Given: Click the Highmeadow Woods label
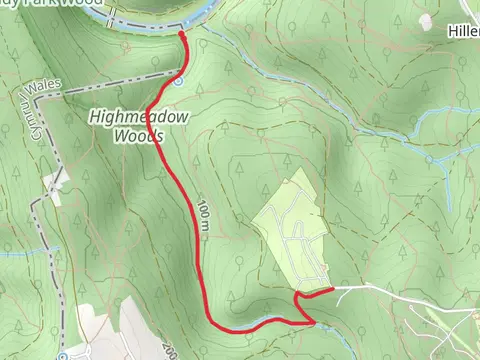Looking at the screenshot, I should coord(140,125).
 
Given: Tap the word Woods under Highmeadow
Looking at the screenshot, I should coord(139,135).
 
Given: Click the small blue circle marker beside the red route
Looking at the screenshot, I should coord(177,82).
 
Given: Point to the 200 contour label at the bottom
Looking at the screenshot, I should coord(166,346).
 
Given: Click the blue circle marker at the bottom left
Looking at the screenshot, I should coord(62,355).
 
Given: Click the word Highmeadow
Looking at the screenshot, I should coord(140,115).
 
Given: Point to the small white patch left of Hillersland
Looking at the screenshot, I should coord(424,20).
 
